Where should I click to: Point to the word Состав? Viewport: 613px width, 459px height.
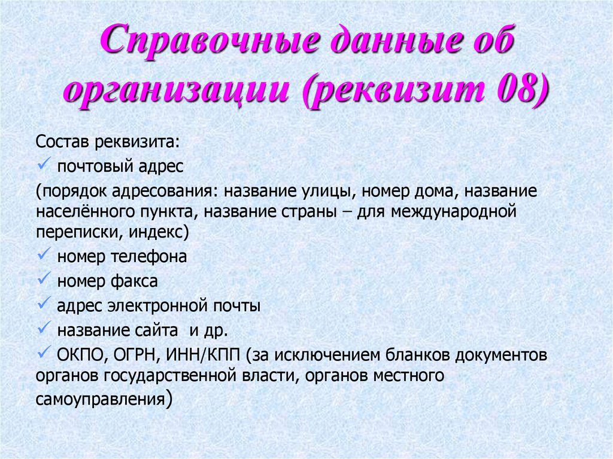tap(61, 144)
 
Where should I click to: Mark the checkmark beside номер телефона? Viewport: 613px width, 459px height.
tap(44, 256)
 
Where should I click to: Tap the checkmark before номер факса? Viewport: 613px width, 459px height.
tap(44, 279)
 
